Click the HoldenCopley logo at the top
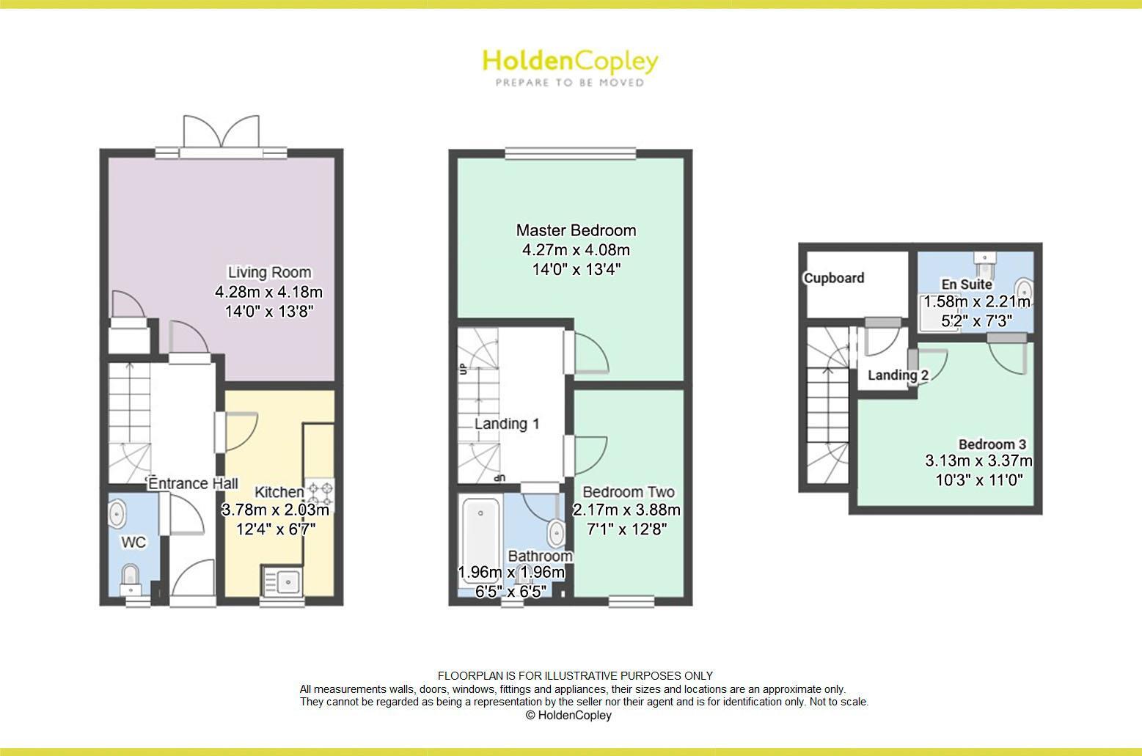tap(570, 62)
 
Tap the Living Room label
tap(269, 272)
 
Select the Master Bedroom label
tap(576, 230)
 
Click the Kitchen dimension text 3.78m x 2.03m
tap(275, 510)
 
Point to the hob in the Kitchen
tap(321, 493)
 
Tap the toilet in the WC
tap(131, 576)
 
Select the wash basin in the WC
tap(117, 514)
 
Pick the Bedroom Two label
tap(628, 492)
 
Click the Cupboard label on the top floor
tap(834, 278)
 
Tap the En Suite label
tap(967, 284)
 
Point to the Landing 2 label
tap(898, 375)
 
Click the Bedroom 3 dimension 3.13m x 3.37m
tap(978, 461)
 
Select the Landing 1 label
tap(507, 424)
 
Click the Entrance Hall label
tap(193, 484)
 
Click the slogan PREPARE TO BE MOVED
tap(570, 83)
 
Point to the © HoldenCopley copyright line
tap(568, 715)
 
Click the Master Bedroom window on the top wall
tap(570, 154)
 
